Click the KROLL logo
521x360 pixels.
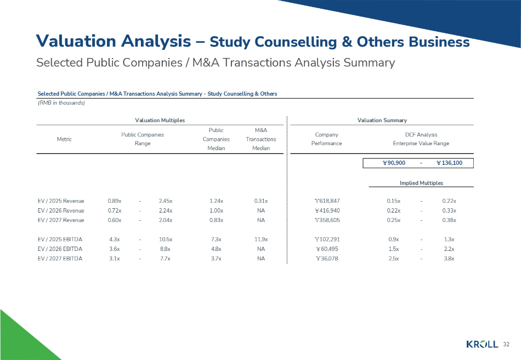[x=482, y=344]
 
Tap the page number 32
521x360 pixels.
[x=506, y=344]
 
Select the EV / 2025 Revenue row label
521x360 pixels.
[x=61, y=201]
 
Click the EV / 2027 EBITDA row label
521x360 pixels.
[x=60, y=259]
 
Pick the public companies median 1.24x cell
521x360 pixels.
[x=216, y=201]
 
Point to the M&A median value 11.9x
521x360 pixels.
[x=261, y=239]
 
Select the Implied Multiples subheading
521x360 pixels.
[x=421, y=182]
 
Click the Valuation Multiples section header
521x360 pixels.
[x=160, y=120]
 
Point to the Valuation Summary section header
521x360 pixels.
[x=382, y=120]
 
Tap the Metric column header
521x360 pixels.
[x=64, y=139]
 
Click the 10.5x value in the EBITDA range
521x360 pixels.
[x=165, y=239]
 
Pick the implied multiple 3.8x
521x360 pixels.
[x=449, y=259]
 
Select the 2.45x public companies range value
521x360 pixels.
[x=165, y=201]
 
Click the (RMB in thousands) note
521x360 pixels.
[x=61, y=103]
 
